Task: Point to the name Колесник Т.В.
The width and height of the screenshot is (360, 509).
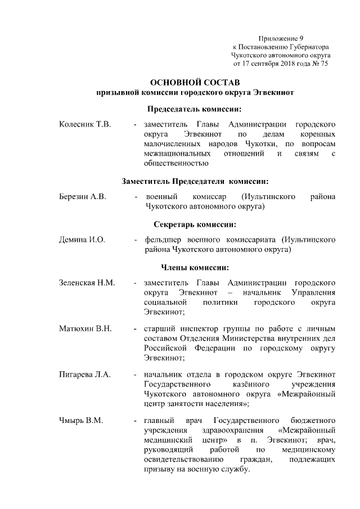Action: (x=85, y=123)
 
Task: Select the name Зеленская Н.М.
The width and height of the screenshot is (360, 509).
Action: (x=87, y=282)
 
